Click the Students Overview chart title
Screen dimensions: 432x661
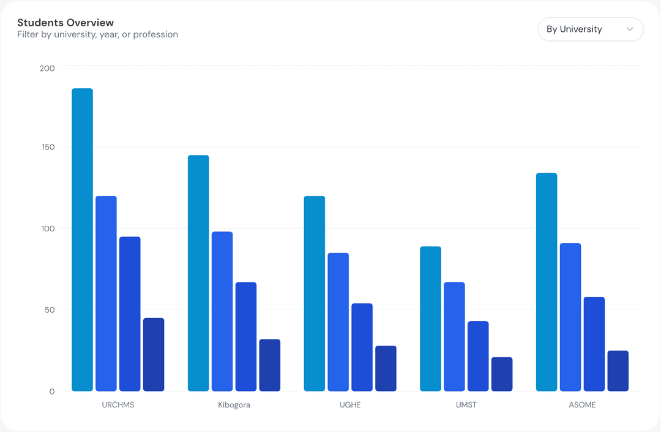65,23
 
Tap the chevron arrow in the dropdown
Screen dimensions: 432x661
630,29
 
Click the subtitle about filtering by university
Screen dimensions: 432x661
97,35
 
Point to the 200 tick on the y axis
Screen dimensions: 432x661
47,68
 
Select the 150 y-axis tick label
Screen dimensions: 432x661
47,147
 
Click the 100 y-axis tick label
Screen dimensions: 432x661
47,229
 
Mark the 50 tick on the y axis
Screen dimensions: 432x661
49,310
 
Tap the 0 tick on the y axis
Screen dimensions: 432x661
52,392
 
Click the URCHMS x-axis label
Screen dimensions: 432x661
118,405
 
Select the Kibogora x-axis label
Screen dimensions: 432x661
234,405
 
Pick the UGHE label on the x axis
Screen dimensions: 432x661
350,405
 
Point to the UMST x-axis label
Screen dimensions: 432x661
466,405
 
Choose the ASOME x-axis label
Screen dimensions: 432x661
582,405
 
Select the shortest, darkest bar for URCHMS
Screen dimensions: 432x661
154,355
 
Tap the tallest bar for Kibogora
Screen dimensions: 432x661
198,273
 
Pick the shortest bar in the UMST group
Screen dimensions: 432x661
502,374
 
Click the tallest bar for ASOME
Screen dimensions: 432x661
547,282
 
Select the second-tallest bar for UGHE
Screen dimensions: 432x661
338,322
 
